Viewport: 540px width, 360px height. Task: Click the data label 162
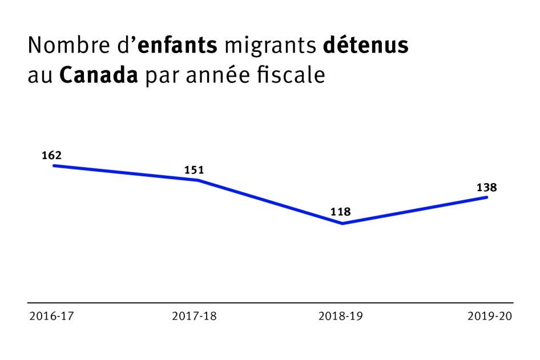pos(51,155)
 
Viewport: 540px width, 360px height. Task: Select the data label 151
pos(194,169)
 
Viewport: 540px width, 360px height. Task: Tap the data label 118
pos(340,213)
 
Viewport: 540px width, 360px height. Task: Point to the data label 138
pos(487,187)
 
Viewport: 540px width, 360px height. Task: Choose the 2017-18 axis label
pos(194,316)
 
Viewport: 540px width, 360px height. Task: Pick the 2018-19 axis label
pos(341,316)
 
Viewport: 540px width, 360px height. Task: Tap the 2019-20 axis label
pos(490,316)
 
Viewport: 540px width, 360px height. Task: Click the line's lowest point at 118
pos(342,223)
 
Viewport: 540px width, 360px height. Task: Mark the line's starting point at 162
pos(54,165)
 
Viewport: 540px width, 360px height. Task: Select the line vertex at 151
pos(198,180)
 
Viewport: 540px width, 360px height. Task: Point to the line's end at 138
pos(487,197)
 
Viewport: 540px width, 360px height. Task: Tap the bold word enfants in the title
pos(177,46)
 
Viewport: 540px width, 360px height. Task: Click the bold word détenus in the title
pos(365,46)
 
